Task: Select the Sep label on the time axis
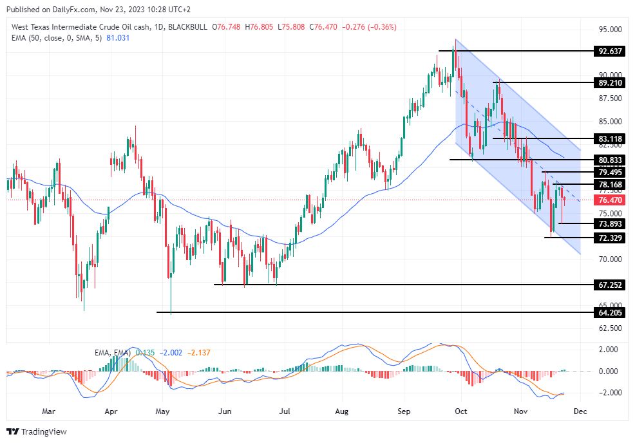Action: point(404,410)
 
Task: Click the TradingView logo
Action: point(37,431)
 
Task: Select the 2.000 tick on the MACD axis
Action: point(609,350)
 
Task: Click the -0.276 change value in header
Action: point(355,27)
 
